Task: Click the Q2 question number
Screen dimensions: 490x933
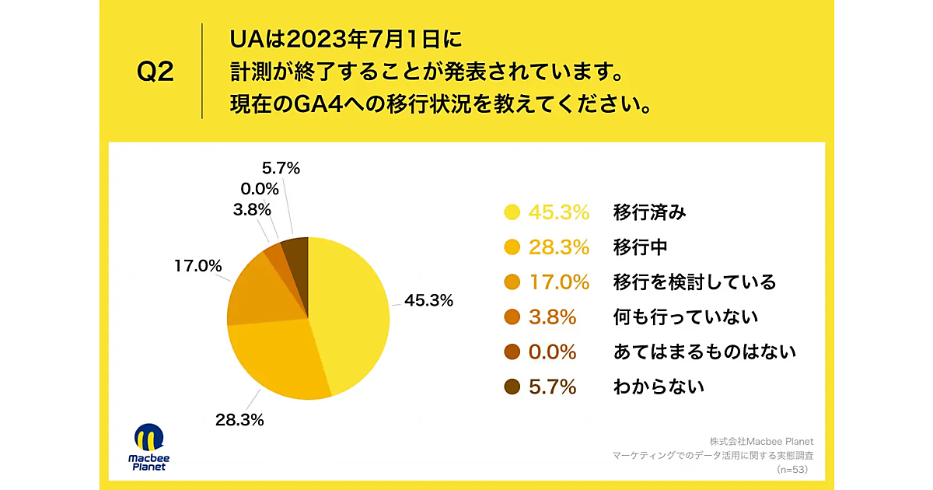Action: coord(155,72)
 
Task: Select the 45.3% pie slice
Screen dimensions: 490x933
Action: coord(350,311)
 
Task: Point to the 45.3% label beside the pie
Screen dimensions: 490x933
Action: coord(428,300)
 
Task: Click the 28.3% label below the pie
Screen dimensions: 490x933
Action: coord(239,420)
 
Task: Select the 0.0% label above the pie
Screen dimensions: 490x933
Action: coord(260,188)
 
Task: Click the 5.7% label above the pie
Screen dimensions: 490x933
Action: coord(281,167)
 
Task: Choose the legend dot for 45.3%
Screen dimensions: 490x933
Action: coord(512,212)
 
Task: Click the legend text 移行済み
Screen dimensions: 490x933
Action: coord(649,212)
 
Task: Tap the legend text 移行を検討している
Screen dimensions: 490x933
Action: coord(694,282)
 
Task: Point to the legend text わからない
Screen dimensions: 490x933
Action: coord(658,387)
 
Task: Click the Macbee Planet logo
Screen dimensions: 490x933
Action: coord(148,447)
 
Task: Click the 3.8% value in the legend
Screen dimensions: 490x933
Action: coord(552,317)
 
